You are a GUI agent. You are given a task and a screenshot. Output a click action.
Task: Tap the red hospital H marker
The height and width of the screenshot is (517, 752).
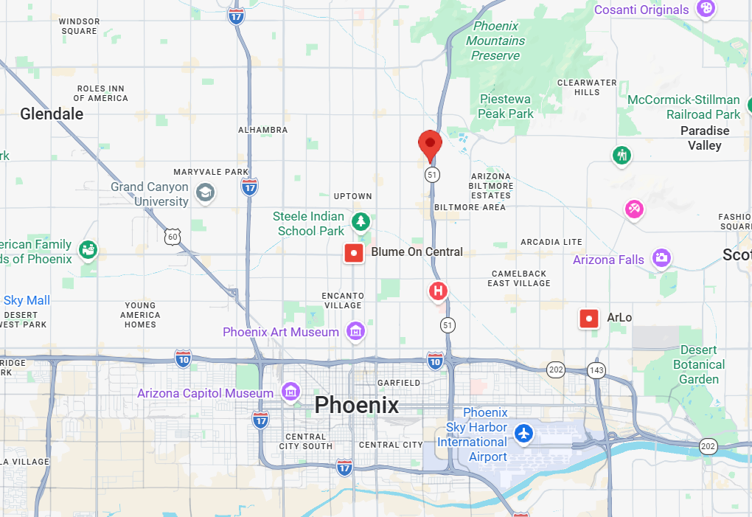(439, 291)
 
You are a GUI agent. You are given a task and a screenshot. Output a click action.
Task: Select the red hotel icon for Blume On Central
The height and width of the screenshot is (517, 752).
(355, 253)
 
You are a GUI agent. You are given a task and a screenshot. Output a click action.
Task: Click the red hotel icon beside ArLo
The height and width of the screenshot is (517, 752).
(589, 318)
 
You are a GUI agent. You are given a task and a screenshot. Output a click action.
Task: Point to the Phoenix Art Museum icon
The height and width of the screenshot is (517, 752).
(356, 331)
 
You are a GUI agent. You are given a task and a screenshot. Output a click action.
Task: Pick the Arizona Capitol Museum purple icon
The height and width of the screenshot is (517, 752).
(290, 392)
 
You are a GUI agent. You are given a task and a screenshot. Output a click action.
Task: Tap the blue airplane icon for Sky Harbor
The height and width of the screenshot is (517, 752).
(524, 434)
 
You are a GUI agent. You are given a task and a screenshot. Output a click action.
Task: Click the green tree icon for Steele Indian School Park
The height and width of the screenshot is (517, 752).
(361, 221)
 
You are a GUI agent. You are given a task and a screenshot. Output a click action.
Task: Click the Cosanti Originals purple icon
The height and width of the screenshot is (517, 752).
(706, 9)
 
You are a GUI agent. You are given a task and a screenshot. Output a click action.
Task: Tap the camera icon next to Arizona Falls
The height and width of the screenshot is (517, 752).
(661, 258)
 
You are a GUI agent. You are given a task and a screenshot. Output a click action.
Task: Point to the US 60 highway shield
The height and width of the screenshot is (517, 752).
(173, 236)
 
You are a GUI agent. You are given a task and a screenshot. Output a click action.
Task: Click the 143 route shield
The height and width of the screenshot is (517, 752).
(596, 369)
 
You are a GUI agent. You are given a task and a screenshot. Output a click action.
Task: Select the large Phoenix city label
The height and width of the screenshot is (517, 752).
(356, 405)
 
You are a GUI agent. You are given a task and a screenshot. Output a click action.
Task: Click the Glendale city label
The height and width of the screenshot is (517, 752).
(52, 114)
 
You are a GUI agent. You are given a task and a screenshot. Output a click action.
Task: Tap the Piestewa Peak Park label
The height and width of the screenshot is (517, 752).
(506, 106)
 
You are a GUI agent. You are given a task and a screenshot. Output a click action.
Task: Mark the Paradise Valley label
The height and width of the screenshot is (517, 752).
(704, 138)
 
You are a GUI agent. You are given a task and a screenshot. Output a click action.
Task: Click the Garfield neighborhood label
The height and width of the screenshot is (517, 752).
(398, 383)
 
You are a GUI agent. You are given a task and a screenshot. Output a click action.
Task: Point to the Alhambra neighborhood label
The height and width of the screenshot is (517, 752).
(262, 130)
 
